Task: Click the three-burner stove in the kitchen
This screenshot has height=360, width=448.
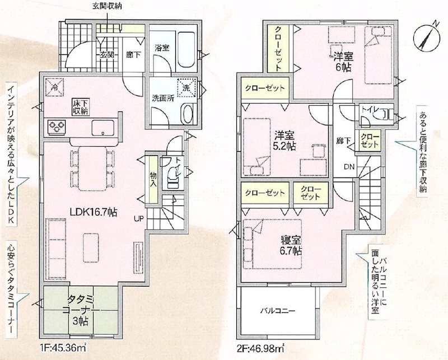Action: [x=57, y=127]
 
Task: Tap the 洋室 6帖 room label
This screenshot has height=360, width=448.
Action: [x=343, y=60]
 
